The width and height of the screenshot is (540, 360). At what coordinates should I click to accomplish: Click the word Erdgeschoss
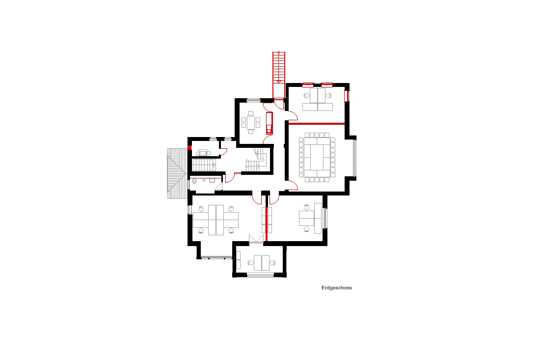coord(336,288)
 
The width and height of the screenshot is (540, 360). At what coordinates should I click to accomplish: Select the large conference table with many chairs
coord(317,157)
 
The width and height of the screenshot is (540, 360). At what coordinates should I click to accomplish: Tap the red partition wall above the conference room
coord(317,123)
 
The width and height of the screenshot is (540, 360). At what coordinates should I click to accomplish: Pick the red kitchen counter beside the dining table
coord(269,123)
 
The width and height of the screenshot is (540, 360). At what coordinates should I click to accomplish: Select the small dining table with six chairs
coord(251,122)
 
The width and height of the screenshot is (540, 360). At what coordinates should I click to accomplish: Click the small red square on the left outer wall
coord(189,147)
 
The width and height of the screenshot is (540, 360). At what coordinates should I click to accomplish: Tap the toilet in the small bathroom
coord(194,181)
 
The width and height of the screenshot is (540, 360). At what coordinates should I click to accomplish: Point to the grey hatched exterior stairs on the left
coord(177,173)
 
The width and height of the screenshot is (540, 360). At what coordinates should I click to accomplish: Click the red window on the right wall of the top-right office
coord(347,96)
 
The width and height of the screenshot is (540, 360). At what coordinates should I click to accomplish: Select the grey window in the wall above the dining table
coord(253,100)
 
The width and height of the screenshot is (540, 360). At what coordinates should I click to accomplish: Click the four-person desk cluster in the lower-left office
coord(216,220)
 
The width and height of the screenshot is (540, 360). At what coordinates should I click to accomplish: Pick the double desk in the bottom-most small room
coord(261,263)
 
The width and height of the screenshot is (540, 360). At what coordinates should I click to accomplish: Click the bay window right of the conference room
coord(354,158)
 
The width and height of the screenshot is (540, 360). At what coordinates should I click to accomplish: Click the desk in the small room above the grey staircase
coord(203,153)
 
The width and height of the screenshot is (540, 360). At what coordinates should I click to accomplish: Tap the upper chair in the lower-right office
coord(307,207)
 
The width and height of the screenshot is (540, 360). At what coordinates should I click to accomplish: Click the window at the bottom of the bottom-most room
coord(260,275)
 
